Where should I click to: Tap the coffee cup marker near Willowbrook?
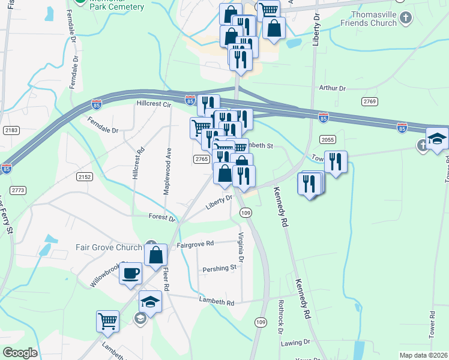(x=130, y=274)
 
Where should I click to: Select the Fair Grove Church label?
(x=108, y=247)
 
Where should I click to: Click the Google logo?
(x=20, y=353)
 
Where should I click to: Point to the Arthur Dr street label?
(x=333, y=88)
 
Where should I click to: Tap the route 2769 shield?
(x=369, y=101)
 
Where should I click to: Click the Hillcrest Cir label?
(x=154, y=103)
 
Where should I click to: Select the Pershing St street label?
(x=219, y=268)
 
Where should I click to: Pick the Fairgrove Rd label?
(x=195, y=244)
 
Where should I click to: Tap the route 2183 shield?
(x=11, y=130)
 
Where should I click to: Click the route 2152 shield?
(x=85, y=176)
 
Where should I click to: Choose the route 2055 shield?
(x=327, y=140)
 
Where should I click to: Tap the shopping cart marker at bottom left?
(x=107, y=320)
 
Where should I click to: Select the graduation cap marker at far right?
(x=437, y=137)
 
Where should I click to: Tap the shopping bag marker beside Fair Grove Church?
(x=155, y=254)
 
